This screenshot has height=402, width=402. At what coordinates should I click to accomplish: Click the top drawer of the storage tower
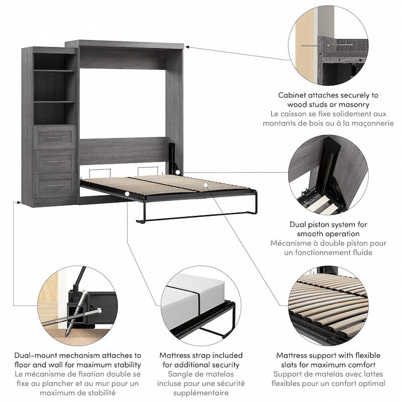click(x=55, y=137)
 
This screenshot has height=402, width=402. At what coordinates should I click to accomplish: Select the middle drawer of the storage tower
click(x=55, y=161)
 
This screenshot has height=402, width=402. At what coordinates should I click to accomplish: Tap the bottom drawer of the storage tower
click(x=55, y=185)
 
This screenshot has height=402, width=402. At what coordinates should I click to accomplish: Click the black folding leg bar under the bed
click(x=196, y=216)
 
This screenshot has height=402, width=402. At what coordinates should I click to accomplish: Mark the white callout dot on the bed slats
click(x=206, y=185)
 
